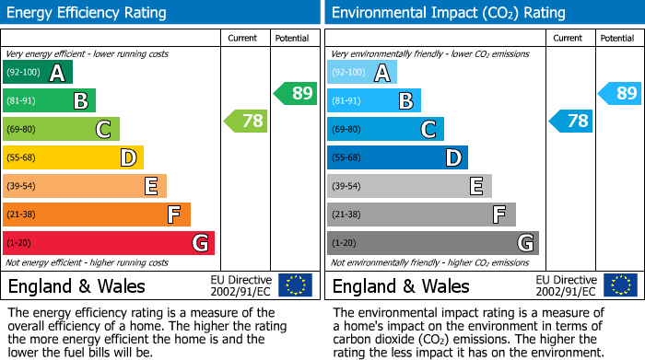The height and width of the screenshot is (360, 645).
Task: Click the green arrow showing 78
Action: pyautogui.click(x=244, y=121)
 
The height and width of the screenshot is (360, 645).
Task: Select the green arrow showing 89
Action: pyautogui.click(x=294, y=93)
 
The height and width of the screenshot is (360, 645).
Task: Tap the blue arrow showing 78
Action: pyautogui.click(x=570, y=121)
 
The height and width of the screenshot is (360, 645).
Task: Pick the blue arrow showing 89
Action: pyautogui.click(x=619, y=93)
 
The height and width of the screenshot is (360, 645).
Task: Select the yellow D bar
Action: pyautogui.click(x=73, y=157)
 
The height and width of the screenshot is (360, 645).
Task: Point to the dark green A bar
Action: pyautogui.click(x=37, y=73)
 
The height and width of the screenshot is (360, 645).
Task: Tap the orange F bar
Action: pyautogui.click(x=96, y=215)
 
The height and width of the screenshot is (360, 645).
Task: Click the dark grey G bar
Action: pyautogui.click(x=432, y=243)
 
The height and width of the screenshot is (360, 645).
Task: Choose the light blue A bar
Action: pyautogui.click(x=361, y=73)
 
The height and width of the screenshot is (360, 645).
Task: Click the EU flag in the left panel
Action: pyautogui.click(x=296, y=285)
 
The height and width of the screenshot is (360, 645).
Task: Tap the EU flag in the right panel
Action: pyautogui.click(x=621, y=285)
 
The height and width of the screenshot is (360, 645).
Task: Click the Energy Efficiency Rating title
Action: pyautogui.click(x=87, y=13)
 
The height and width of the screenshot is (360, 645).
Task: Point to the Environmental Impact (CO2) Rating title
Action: pyautogui.click(x=448, y=13)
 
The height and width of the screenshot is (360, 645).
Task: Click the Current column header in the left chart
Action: pyautogui.click(x=242, y=38)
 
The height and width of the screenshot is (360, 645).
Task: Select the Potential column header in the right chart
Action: pyautogui.click(x=617, y=38)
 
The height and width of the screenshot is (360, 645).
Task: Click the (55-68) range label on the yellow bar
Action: pyautogui.click(x=20, y=157)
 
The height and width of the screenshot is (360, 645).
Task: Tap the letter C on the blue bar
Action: pyautogui.click(x=428, y=130)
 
